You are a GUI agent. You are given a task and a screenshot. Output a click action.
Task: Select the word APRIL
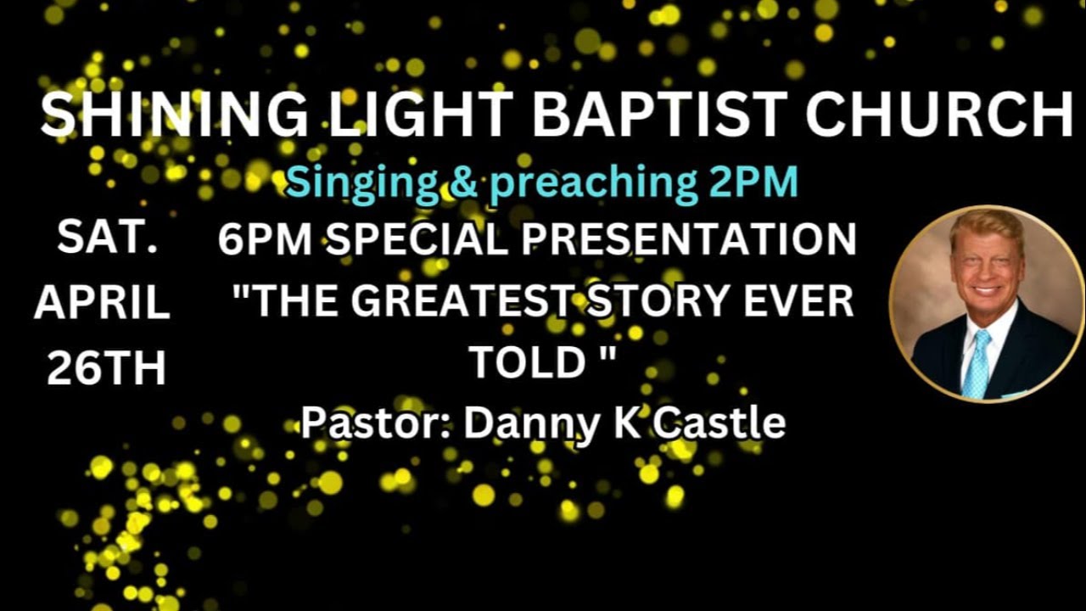(102, 304)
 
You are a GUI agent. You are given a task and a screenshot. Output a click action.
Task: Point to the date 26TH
(106, 368)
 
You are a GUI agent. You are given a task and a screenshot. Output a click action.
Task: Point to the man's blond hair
(984, 227)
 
